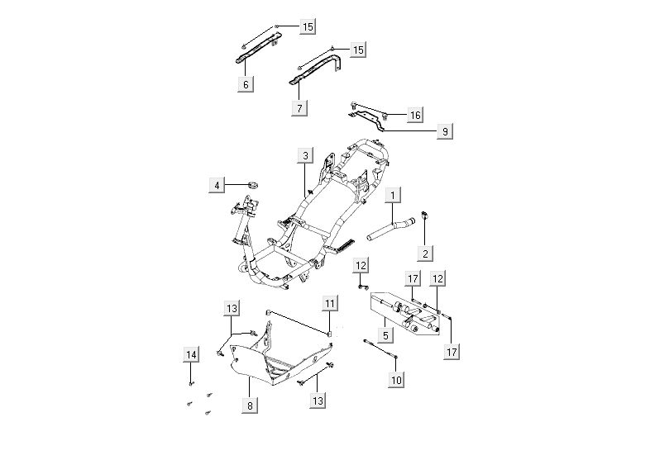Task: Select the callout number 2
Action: pos(424,254)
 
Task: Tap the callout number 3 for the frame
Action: pos(305,155)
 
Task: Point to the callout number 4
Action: pos(217,186)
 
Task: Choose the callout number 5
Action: pos(385,334)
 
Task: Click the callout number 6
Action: pos(246,83)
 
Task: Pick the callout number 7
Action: pos(300,107)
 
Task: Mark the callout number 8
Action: pos(249,405)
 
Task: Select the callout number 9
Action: pos(444,131)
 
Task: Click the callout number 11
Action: pos(330,305)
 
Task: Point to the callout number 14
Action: pos(191,355)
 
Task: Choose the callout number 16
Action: pos(415,115)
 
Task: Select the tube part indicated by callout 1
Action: pos(389,225)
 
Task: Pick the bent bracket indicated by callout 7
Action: pos(318,69)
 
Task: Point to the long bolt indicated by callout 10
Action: pos(381,348)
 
